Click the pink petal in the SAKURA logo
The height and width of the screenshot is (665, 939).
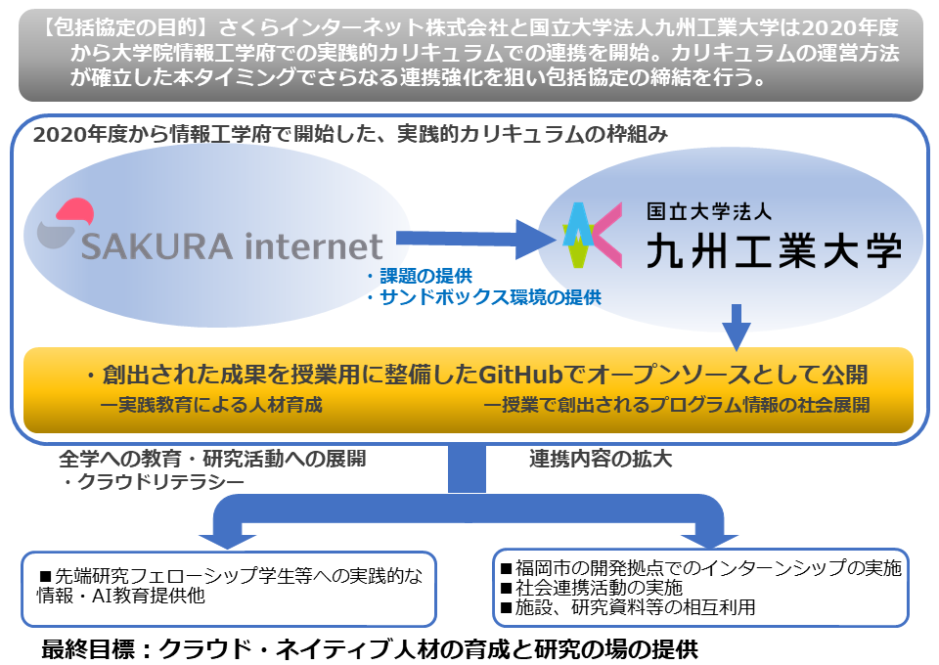[x=75, y=210]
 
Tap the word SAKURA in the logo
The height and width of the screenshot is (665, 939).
[x=156, y=246]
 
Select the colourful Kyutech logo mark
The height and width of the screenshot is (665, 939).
[x=593, y=235]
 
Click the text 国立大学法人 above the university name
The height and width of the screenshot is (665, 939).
[x=709, y=211]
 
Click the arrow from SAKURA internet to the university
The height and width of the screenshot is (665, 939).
[x=476, y=239]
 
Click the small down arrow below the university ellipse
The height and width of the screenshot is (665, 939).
[x=737, y=327]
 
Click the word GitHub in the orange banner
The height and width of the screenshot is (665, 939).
[x=520, y=375]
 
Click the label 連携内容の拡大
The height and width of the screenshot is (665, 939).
[x=601, y=459]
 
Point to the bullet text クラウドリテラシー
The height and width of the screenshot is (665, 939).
[x=161, y=482]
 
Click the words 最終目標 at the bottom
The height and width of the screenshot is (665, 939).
[x=88, y=649]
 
